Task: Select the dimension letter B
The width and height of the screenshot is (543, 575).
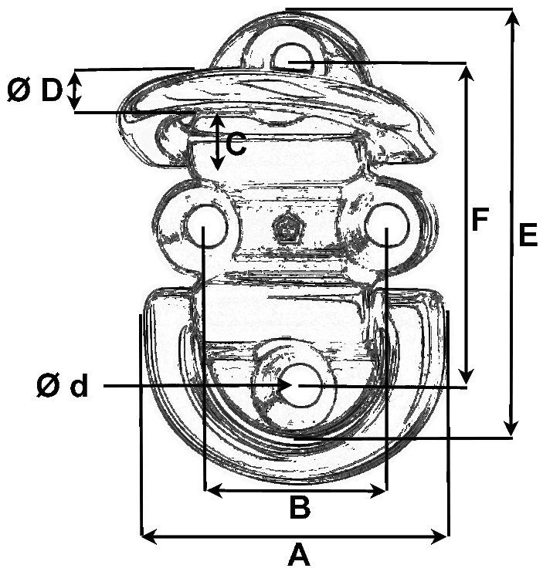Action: (x=300, y=508)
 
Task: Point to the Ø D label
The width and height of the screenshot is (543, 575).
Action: (x=34, y=91)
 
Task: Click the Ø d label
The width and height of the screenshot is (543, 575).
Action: (x=63, y=386)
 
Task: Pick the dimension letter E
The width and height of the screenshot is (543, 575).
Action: (x=528, y=235)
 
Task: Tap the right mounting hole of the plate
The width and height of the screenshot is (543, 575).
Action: (x=387, y=226)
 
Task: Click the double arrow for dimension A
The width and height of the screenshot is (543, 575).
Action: (x=294, y=534)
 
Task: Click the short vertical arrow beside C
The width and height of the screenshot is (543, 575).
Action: (x=218, y=143)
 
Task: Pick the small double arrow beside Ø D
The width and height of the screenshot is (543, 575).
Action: (x=75, y=91)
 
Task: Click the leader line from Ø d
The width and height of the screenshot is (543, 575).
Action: (x=193, y=384)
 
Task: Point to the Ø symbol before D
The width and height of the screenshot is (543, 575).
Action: (x=18, y=91)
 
